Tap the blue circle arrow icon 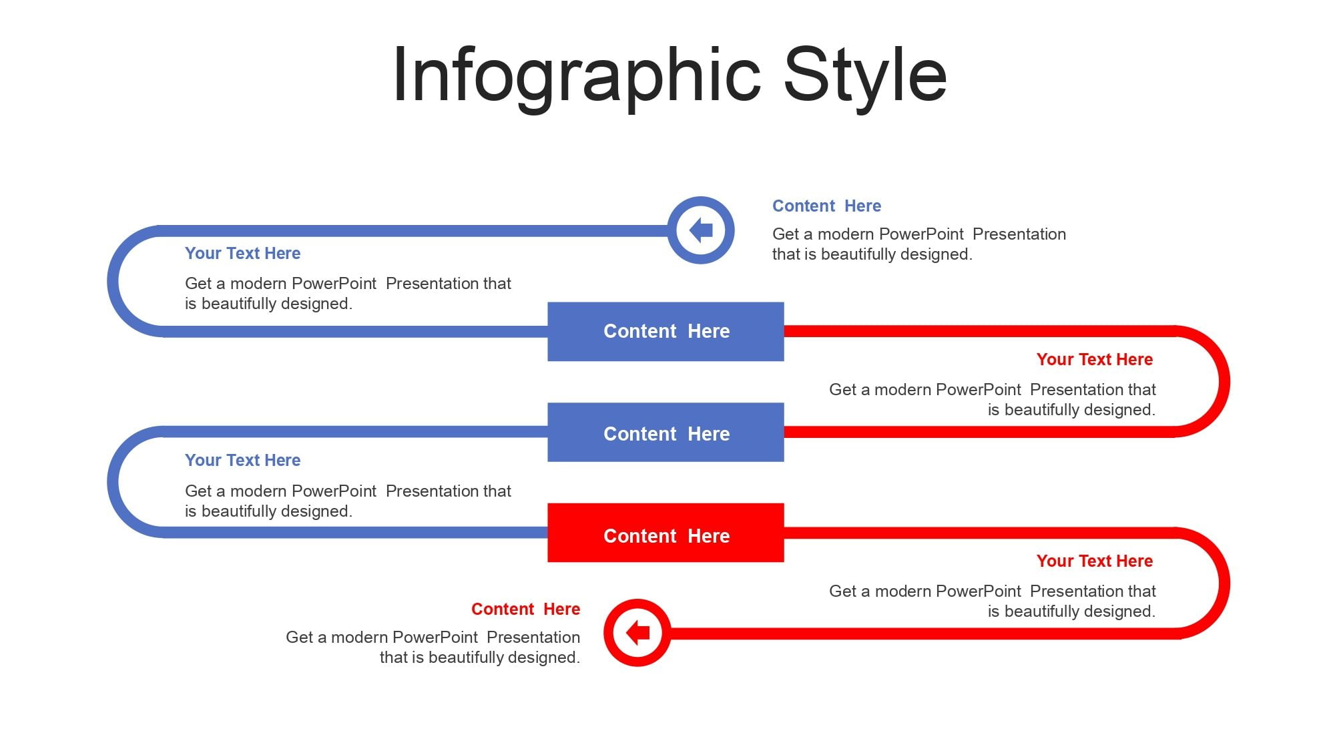701,230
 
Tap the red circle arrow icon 637,632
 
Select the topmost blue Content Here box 665,332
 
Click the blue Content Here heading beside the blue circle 826,206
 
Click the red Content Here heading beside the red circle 525,609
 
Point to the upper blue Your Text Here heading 242,253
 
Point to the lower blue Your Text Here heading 242,460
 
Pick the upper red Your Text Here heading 1095,359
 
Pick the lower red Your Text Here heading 1095,561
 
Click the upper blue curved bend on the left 113,281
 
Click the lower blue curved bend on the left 113,482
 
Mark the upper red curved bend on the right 1224,382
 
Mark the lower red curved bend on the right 1224,583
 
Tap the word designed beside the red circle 543,658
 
